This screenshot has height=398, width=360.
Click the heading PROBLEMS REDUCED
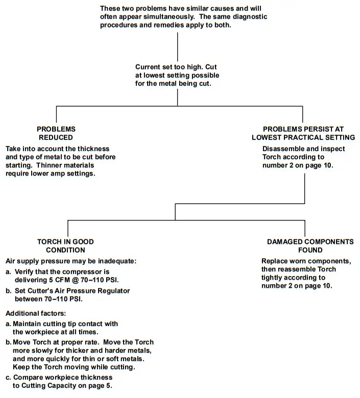coord(56,133)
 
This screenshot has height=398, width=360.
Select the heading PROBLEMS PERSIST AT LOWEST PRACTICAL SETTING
coord(303,133)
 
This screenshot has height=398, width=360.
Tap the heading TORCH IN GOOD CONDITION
coord(65,246)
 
